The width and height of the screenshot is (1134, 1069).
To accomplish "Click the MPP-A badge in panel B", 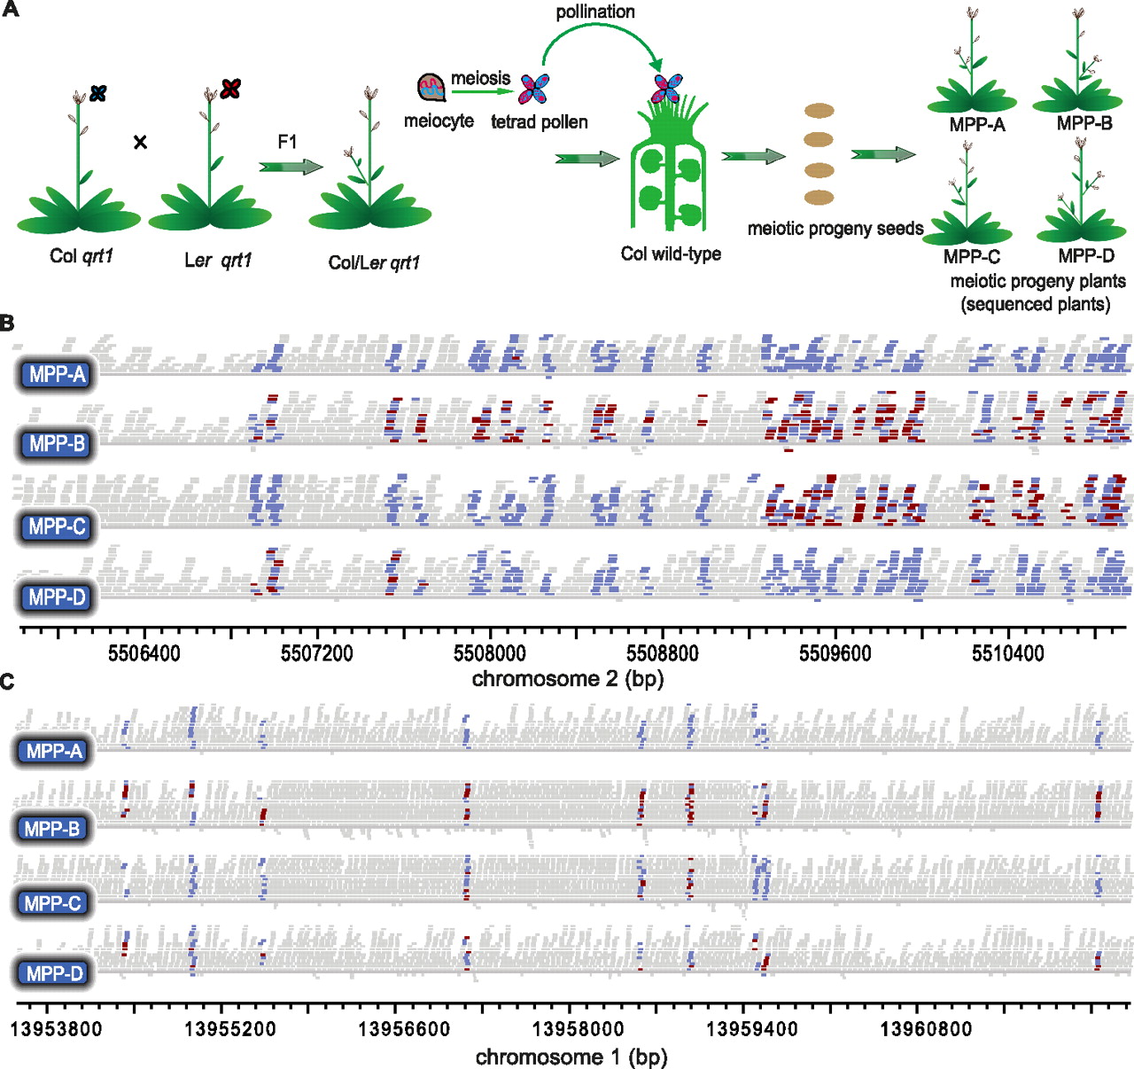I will [x=58, y=375].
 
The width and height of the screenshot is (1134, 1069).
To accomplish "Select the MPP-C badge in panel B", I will [x=58, y=527].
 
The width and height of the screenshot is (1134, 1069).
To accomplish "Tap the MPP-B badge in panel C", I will [x=53, y=829].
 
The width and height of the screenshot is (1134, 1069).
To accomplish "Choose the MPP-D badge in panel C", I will [x=54, y=973].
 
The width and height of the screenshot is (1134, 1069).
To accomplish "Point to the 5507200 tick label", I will [x=316, y=654].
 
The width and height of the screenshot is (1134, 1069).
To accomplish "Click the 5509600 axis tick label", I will [x=835, y=654].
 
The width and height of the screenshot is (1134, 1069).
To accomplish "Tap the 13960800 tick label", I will [x=926, y=1030].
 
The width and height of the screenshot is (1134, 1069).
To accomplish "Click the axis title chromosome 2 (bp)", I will [x=568, y=679].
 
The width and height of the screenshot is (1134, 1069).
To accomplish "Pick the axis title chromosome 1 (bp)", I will [x=571, y=1057].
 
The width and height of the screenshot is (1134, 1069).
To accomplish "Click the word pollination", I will [x=595, y=12].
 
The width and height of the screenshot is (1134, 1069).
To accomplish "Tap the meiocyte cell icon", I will [x=431, y=87].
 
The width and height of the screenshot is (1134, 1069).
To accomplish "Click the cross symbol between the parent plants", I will [x=140, y=142].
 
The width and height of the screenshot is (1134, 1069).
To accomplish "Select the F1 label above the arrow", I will [x=287, y=142].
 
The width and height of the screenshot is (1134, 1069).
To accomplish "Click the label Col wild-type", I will [x=671, y=254].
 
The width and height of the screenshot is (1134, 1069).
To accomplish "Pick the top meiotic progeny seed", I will [x=819, y=112].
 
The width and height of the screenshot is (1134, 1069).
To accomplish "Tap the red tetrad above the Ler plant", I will [x=231, y=89].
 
